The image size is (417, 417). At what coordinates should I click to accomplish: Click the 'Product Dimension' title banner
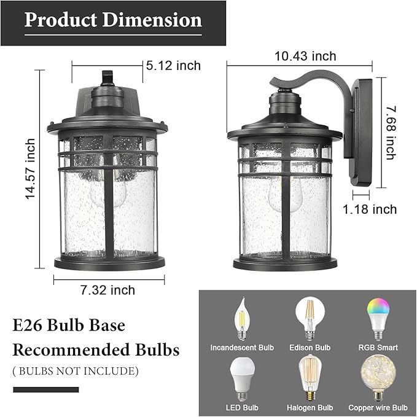click(x=112, y=20)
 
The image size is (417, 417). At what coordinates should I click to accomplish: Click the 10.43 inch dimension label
click(x=306, y=57)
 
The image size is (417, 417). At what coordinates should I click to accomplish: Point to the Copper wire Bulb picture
click(x=377, y=378)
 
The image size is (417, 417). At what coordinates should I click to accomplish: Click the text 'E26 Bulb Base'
click(x=69, y=325)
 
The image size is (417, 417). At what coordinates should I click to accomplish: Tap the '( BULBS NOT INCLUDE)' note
click(x=76, y=371)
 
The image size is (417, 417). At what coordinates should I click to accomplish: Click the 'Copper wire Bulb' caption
click(x=378, y=408)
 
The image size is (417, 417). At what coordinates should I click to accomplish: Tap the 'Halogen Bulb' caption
click(x=310, y=408)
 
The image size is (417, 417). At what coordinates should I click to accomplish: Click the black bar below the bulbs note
click(x=46, y=389)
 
